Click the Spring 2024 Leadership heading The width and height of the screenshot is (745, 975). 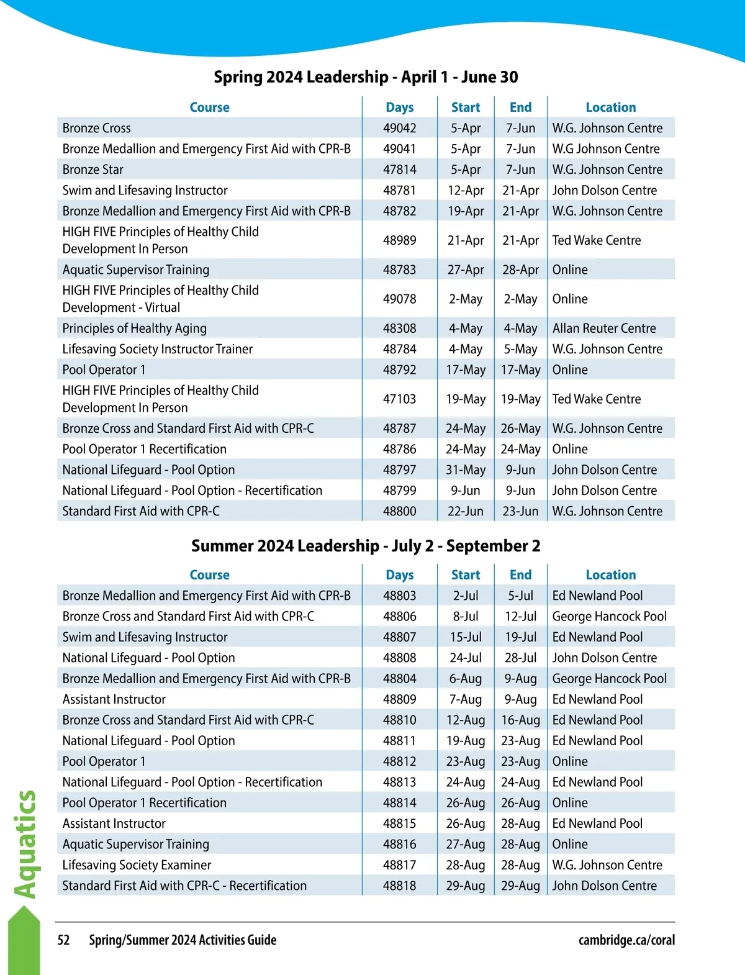(366, 77)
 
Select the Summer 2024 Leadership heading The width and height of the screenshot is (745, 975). (366, 546)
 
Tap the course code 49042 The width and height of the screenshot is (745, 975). (399, 128)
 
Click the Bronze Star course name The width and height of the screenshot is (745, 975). (93, 170)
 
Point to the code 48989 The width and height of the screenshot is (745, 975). (399, 240)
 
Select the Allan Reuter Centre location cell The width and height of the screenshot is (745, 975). (604, 328)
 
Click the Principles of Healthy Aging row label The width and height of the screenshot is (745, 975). (135, 328)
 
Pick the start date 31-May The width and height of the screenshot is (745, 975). (466, 469)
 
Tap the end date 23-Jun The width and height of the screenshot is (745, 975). (520, 511)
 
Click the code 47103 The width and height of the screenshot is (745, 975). (399, 399)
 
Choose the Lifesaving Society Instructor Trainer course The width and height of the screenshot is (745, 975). (158, 349)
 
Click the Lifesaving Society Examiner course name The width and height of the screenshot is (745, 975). (137, 864)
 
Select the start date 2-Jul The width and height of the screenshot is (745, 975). (466, 596)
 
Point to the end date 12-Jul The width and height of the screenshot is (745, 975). (520, 616)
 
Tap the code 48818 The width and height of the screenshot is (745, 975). (399, 886)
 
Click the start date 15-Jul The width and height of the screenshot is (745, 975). (466, 637)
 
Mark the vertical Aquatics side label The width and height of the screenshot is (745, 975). (25, 844)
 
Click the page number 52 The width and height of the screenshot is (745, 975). (63, 940)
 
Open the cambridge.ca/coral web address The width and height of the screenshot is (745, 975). (626, 940)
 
